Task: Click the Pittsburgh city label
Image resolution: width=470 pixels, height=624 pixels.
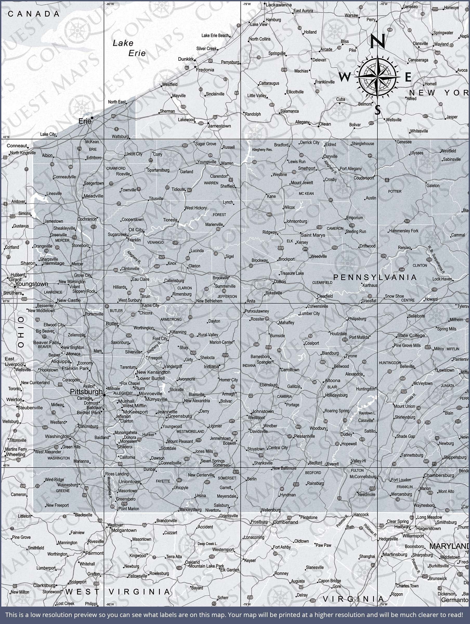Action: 86,392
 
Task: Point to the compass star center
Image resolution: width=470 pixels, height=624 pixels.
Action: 377,76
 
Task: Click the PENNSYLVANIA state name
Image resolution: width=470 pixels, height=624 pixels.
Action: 375,277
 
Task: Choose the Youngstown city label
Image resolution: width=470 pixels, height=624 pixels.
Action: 32,284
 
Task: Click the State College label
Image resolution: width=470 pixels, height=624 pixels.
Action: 411,335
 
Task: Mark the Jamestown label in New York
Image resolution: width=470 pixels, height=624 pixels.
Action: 219,126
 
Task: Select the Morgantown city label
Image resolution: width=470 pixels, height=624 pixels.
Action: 124,530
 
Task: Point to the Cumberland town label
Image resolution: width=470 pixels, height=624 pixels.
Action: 285,522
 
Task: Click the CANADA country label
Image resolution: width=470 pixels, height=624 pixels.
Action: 34,14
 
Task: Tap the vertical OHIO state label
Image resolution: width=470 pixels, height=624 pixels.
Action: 21,332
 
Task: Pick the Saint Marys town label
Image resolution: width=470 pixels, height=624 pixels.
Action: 313,235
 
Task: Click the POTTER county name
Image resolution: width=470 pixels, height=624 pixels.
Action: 395,192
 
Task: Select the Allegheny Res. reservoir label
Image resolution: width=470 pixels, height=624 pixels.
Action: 262,150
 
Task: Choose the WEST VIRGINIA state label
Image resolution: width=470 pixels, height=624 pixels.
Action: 118,591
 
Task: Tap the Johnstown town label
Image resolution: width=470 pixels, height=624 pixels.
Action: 263,411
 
